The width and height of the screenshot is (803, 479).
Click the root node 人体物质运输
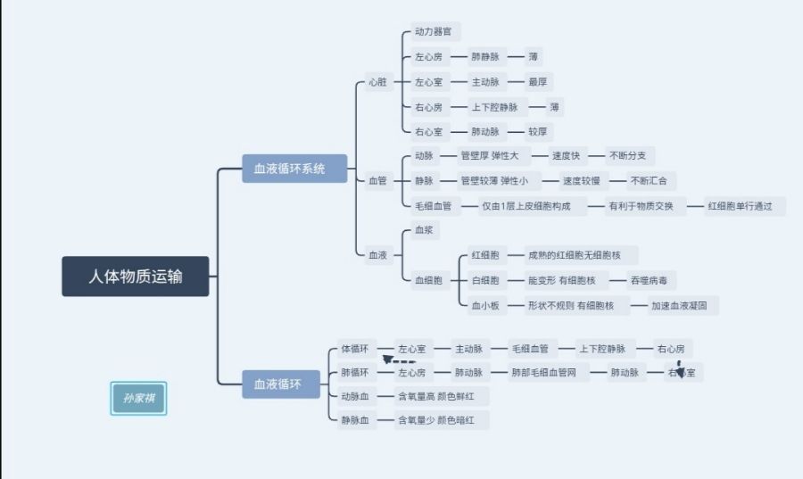tap(136, 277)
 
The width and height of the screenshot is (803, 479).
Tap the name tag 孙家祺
tap(139, 398)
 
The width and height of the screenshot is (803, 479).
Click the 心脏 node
tap(377, 82)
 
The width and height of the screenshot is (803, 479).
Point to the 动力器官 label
tap(433, 31)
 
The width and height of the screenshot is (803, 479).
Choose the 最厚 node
tap(537, 82)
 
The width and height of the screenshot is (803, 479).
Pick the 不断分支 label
tap(632, 155)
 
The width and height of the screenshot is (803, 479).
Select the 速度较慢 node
tap(581, 181)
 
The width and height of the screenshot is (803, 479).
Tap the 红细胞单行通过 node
tap(745, 206)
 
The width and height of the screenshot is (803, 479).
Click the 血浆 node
tap(423, 230)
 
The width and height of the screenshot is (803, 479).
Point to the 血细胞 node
tap(428, 281)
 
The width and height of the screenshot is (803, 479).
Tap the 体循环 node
tap(355, 348)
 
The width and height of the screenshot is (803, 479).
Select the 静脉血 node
tap(354, 419)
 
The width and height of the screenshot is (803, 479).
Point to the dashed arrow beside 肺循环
tap(399, 362)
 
